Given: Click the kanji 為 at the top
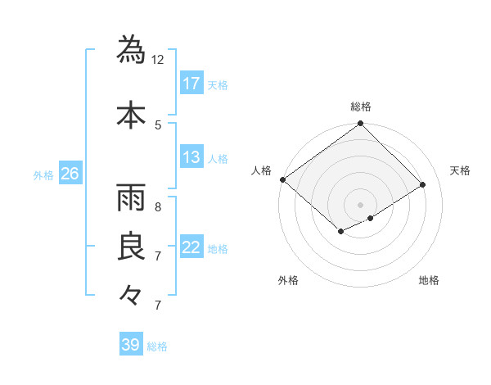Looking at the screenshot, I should click(131, 49).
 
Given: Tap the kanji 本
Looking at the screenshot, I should click(131, 115).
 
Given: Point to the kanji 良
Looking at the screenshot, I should click(131, 247).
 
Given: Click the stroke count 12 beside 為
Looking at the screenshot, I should click(158, 59).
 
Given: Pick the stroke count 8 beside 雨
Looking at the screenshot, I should click(158, 206).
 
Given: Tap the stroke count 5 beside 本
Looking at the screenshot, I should click(158, 125).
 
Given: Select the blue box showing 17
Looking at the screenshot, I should click(191, 84).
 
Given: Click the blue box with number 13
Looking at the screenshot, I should click(191, 157).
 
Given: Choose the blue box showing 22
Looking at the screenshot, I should click(191, 247).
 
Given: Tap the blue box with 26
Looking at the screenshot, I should click(70, 174).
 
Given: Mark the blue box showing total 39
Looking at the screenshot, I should click(131, 345).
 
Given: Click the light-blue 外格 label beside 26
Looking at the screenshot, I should click(43, 174).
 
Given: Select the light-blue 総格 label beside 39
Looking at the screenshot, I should click(157, 346).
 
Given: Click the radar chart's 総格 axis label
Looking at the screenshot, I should click(360, 106).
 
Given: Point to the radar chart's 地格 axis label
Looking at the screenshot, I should click(429, 280).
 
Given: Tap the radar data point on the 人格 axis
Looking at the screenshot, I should click(282, 179).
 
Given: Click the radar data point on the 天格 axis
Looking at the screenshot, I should click(423, 185).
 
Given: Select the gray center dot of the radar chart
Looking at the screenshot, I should click(360, 204).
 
